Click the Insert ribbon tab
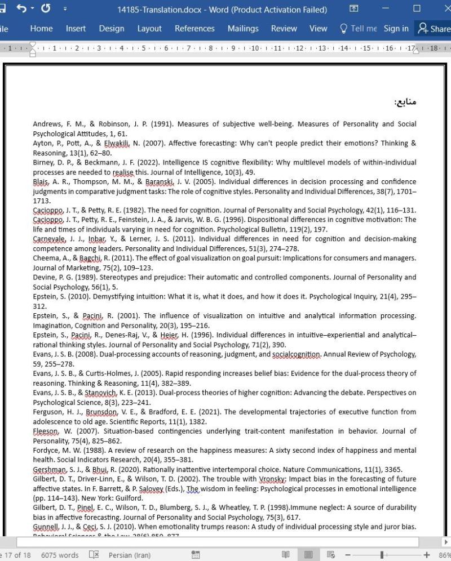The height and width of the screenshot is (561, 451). pos(76,29)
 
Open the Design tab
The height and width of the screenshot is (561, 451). pos(112,29)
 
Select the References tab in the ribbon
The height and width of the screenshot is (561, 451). pos(194,29)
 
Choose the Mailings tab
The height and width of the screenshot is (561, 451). pos(242,29)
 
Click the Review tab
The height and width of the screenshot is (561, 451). pos(284,29)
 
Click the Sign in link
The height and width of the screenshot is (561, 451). pos(396,29)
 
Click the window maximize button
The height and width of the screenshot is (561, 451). pos(417,9)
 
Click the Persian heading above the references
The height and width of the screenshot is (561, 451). pos(405,102)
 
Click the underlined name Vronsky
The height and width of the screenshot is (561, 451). pos(273,479)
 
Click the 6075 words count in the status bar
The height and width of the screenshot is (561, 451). pos(60,555)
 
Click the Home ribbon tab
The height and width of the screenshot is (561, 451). pos(41,29)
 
